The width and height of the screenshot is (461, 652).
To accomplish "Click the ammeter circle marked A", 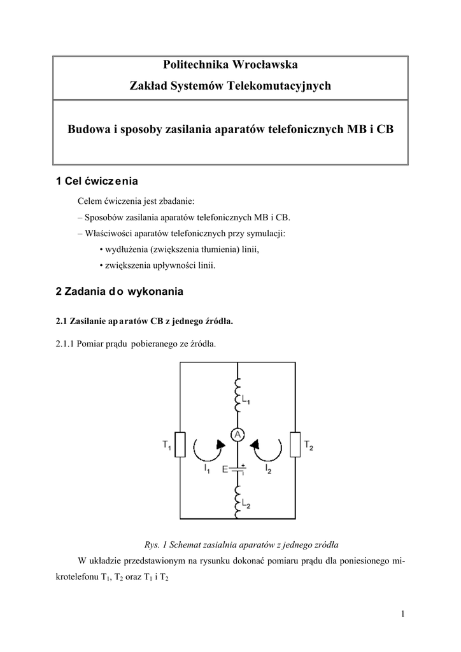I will tap(237, 435).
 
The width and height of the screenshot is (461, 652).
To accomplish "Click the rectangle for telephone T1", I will tap(180, 443).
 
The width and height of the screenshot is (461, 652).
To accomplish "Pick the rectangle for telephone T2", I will tap(295, 443).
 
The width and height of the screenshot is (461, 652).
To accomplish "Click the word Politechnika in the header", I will tap(194, 64).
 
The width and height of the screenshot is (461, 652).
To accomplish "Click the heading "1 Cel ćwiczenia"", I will tap(97, 181).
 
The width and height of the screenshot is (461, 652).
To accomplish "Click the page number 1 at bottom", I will tap(403, 613).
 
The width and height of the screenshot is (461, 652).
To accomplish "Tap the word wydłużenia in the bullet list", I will tap(127, 250).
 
